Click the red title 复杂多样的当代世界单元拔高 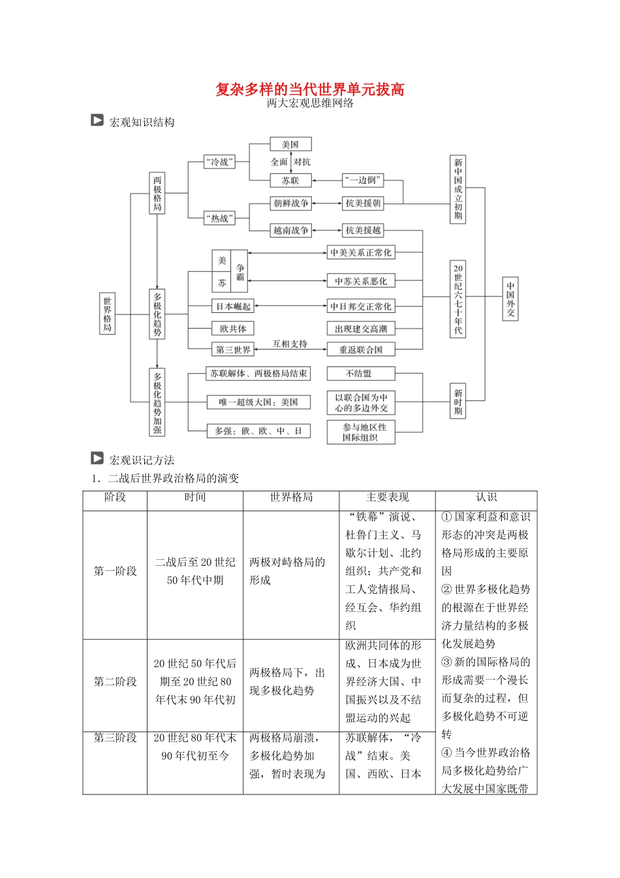(x=310, y=89)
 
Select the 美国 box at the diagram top (x=290, y=144)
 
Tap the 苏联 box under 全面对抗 (x=290, y=180)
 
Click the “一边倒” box (x=363, y=180)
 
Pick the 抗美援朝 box (x=363, y=203)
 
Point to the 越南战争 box (x=291, y=230)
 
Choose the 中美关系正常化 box (x=361, y=253)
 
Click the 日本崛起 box (x=233, y=306)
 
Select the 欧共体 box (x=233, y=329)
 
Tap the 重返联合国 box (x=361, y=350)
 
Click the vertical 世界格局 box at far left (x=107, y=314)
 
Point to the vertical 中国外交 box (x=510, y=299)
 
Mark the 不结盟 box (x=361, y=374)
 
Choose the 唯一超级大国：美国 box (x=258, y=402)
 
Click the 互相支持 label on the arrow (x=290, y=344)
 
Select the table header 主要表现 (x=387, y=498)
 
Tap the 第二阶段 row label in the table (x=115, y=681)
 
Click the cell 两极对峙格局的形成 (x=287, y=571)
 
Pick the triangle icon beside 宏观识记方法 (x=97, y=459)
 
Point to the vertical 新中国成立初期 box (x=458, y=189)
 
